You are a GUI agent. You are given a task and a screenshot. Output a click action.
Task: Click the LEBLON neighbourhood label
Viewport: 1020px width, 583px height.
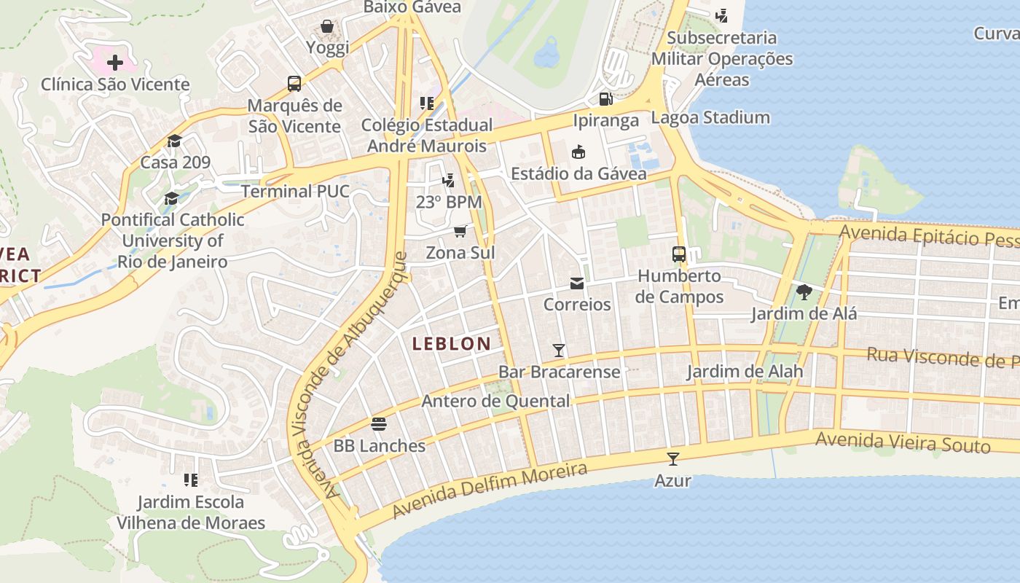coord(452,344)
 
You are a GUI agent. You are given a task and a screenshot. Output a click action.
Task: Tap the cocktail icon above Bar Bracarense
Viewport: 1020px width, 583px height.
coord(559,351)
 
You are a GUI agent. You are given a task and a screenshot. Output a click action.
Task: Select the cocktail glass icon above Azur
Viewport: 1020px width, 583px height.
coord(672,459)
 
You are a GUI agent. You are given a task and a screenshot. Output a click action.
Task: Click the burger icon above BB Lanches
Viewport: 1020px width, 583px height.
coord(378,423)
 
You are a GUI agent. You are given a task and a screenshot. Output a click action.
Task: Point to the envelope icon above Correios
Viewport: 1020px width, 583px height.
coord(577,283)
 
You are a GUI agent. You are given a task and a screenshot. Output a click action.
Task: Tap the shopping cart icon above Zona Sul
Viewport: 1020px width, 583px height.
coord(460,232)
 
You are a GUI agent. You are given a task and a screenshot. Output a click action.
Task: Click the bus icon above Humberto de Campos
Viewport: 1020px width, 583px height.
coord(679,254)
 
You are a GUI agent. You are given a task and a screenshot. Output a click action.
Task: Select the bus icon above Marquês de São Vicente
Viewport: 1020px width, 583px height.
coord(294,83)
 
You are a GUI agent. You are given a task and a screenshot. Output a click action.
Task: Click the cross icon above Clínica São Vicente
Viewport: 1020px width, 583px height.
coord(115,62)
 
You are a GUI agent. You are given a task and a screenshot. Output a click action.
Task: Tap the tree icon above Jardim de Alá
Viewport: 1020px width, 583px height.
coord(804,292)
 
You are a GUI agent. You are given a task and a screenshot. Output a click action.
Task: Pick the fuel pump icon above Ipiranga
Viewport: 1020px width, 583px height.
coord(605,98)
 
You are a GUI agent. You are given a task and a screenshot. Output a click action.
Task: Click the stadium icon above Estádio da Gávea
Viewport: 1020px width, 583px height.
coord(578,152)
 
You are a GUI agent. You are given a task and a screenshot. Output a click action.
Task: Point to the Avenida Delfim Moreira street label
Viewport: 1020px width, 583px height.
coord(489,490)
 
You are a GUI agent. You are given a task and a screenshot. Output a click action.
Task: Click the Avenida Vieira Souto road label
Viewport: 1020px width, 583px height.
coord(903,442)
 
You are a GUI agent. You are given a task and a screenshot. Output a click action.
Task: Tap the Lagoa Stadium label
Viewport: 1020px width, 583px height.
coord(710,117)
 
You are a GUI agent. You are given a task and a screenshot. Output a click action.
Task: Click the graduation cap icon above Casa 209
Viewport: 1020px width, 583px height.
coord(174,141)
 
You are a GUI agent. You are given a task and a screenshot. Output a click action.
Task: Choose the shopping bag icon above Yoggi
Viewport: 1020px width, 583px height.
coord(327,27)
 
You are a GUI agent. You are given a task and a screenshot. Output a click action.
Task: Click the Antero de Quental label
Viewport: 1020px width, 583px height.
coord(496,401)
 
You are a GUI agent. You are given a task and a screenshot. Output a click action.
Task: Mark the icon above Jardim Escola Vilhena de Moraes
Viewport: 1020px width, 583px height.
coord(191,480)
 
